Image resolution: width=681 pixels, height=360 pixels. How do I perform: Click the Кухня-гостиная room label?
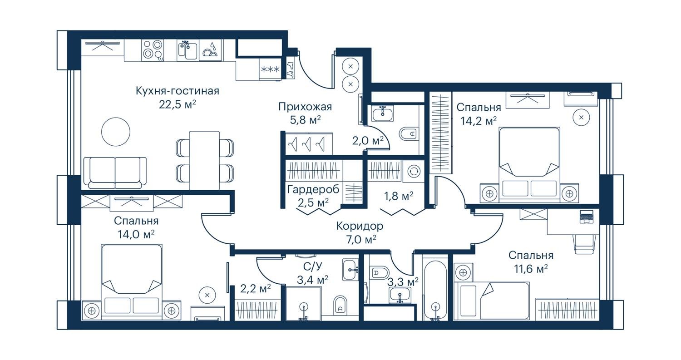177,91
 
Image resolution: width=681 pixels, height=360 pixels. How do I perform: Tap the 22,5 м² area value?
177,104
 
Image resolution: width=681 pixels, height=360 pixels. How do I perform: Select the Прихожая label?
305,107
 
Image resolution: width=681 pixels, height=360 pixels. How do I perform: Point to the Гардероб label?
313,189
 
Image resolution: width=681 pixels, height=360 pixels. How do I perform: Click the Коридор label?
360,226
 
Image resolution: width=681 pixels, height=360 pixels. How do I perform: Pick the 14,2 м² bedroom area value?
479,121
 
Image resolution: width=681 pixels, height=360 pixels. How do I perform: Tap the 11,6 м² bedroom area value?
531,269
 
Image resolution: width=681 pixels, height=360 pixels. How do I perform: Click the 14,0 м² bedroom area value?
136,234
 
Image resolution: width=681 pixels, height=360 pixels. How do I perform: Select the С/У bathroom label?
312,266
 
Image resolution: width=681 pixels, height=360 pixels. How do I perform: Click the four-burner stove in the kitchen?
153,50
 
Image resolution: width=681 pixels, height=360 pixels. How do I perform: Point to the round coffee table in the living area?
115,132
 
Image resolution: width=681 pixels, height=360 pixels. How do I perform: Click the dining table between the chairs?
204,160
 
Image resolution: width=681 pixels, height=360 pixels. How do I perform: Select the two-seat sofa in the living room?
115,173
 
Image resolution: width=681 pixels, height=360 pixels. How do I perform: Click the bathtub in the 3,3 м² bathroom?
435,291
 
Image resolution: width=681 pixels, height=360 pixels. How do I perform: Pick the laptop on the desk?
587,217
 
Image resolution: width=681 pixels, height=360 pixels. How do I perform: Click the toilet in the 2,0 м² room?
408,133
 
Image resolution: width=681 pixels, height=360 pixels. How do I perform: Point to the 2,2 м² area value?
256,289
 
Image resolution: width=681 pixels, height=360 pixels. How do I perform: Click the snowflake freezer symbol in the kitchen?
270,69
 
